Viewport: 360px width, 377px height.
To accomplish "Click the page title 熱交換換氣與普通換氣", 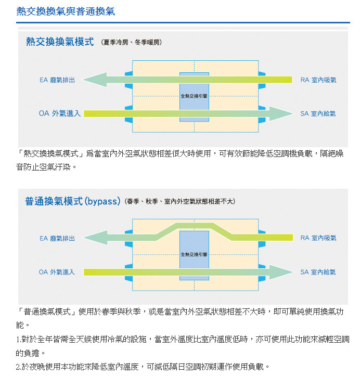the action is point(66,11).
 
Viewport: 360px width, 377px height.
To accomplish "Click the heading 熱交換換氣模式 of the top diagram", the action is point(60,42).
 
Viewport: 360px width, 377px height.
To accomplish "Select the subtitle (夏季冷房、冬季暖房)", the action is point(131,42).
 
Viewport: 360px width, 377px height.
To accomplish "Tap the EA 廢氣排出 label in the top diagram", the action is point(57,80).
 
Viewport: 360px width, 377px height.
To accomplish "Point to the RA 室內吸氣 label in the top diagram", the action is point(318,80).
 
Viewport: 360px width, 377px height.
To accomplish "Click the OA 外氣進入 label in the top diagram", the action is point(60,113).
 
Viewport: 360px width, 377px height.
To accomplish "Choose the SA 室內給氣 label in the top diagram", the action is point(318,113).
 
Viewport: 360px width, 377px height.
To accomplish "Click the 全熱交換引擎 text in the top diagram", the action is point(194,96).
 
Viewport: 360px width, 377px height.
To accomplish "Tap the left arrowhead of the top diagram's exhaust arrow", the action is point(95,80).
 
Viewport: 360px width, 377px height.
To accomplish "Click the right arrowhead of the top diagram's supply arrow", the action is point(281,113).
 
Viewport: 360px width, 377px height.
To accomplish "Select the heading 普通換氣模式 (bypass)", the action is point(73,201).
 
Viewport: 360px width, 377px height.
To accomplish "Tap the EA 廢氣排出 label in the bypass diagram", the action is point(57,238).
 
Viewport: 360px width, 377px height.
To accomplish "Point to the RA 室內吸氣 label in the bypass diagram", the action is point(318,238).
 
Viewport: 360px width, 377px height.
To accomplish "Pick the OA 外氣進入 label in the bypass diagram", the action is point(57,272).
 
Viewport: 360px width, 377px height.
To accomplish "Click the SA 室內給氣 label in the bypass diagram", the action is point(318,272).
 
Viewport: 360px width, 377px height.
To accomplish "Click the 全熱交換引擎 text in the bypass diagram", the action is point(194,254).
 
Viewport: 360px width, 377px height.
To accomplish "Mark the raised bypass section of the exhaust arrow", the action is point(194,226).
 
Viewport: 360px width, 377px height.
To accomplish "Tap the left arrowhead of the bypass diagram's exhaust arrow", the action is point(96,238).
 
